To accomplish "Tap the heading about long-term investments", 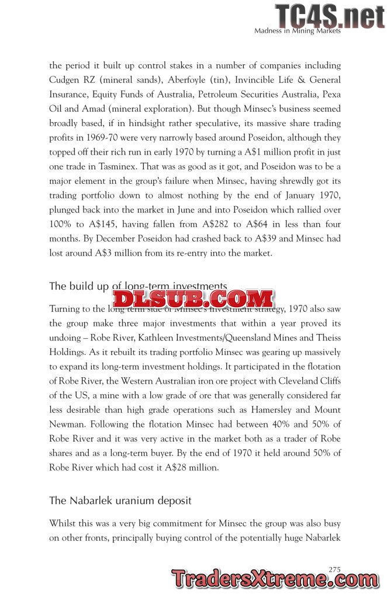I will click(137, 286).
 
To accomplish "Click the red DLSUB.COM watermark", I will click(193, 298).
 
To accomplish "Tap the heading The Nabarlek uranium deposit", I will click(120, 500).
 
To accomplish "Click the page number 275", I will click(335, 569).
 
